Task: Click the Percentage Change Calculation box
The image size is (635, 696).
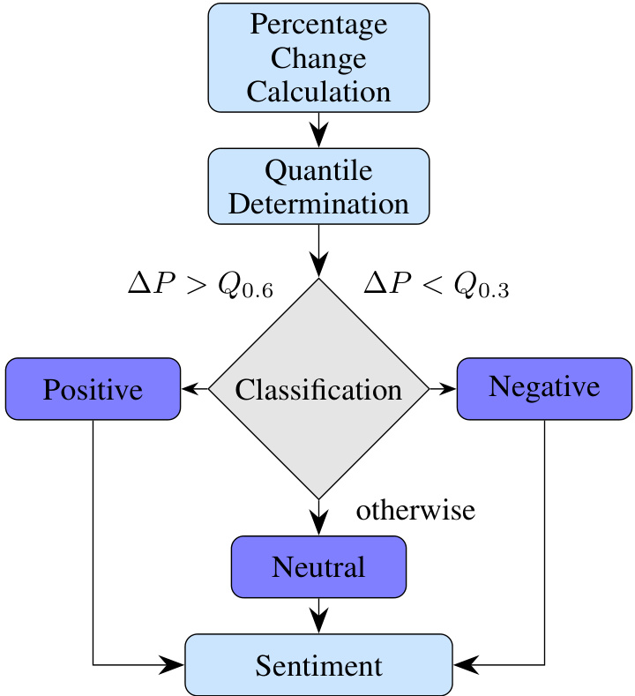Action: pos(318,57)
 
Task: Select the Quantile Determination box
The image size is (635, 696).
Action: pos(318,185)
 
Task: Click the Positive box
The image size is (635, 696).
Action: pos(93,389)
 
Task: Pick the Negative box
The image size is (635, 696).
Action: pos(544,387)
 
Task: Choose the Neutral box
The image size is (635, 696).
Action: pos(318,566)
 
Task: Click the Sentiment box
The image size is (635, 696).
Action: pos(318,664)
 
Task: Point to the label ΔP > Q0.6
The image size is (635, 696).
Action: pos(200,284)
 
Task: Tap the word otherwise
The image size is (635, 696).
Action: pos(415,510)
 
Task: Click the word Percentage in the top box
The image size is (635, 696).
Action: pos(318,24)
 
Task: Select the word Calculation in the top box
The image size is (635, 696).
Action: pos(318,91)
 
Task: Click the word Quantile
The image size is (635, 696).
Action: pos(318,169)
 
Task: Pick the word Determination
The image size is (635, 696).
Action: pos(318,204)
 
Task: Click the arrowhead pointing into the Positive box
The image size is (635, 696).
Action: pos(188,388)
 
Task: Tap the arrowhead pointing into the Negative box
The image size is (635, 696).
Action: pos(449,388)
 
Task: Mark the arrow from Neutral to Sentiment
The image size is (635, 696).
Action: pos(318,615)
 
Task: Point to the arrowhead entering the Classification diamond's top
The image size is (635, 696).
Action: pos(318,266)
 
